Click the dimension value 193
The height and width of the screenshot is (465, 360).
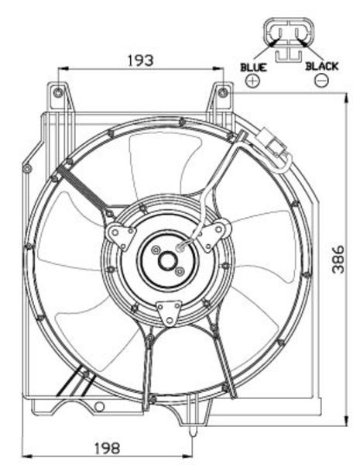(140, 60)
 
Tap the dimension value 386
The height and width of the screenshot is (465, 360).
(338, 259)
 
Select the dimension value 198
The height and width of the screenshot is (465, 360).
(108, 448)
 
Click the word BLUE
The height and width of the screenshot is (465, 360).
(254, 67)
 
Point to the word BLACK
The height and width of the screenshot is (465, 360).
(322, 66)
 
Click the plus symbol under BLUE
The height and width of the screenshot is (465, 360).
(252, 81)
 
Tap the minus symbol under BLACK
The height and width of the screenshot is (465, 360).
(322, 81)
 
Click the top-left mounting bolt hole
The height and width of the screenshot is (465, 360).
(58, 93)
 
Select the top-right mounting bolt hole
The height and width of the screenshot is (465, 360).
(223, 92)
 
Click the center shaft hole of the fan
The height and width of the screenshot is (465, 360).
(168, 260)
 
